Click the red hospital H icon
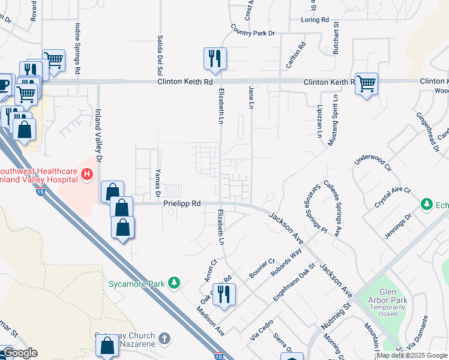[x=87, y=175]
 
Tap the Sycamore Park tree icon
[x=174, y=281]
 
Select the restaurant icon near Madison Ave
[x=224, y=294]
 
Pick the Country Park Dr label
[x=252, y=29]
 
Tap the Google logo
[x=20, y=353]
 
